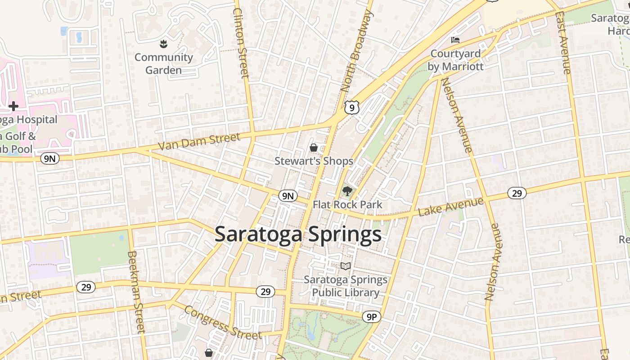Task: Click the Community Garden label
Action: [x=163, y=64]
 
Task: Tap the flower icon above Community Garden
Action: [x=163, y=44]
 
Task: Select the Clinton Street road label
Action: [x=241, y=43]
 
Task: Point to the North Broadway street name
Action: [x=357, y=50]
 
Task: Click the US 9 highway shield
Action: [x=352, y=107]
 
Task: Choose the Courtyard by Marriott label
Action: [x=455, y=60]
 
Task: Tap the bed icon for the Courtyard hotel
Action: [x=455, y=40]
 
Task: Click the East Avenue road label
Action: [x=563, y=43]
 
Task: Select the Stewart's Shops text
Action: [x=314, y=161]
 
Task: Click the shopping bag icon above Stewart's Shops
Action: [x=314, y=148]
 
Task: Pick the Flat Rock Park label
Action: [x=347, y=205]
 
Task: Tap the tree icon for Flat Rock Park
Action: [x=347, y=192]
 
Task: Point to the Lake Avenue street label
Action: [x=451, y=207]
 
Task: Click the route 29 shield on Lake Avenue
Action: [x=517, y=193]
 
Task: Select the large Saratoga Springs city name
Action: [x=298, y=234]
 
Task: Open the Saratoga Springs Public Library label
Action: [x=345, y=286]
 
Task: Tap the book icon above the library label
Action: [x=345, y=266]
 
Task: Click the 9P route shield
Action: [x=371, y=317]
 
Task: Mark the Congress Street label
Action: [x=223, y=323]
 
